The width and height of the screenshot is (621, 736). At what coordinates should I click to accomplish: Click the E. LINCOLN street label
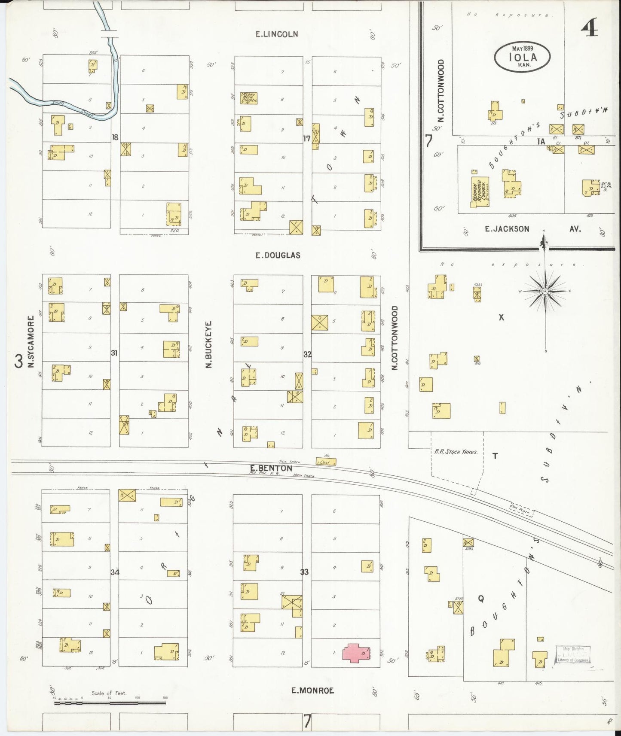point(276,34)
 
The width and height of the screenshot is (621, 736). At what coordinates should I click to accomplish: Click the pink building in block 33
point(356,653)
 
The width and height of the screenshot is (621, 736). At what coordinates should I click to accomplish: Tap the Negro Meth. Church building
point(249,98)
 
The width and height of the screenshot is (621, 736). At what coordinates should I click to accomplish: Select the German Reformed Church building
point(480,192)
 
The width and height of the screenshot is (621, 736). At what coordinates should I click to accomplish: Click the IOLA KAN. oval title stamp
point(522,56)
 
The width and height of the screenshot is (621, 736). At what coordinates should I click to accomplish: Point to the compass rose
point(545,291)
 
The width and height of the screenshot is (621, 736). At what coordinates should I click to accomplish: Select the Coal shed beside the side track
point(326,462)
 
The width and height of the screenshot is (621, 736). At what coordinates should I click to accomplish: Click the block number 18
point(115,137)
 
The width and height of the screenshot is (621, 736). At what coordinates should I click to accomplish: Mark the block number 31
point(114,353)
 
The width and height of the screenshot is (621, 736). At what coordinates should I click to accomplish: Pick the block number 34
point(114,572)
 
